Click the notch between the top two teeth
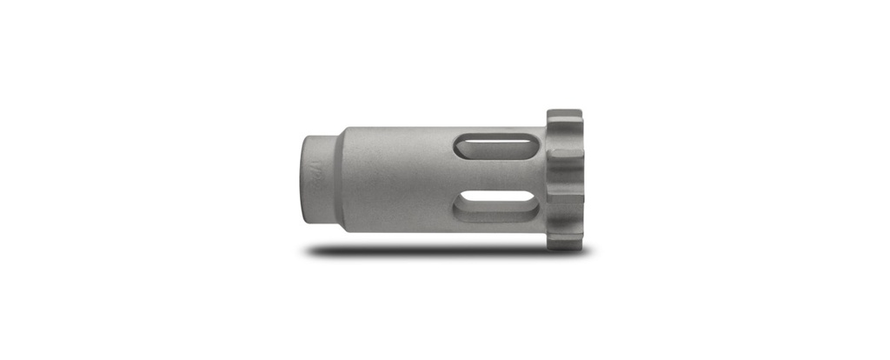556,140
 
